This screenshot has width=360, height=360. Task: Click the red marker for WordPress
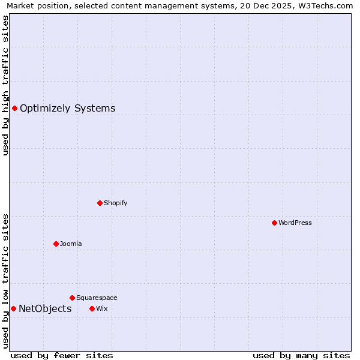click(274, 223)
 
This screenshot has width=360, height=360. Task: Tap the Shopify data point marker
click(100, 203)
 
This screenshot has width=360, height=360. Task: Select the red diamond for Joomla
click(56, 244)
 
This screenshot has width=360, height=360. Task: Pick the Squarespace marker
click(72, 298)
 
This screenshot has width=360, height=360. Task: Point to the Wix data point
click(92, 308)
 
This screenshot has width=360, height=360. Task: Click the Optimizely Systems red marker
click(14, 108)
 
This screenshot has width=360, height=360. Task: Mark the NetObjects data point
click(13, 308)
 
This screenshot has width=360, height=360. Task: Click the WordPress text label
click(295, 223)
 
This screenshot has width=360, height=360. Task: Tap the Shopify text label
click(116, 203)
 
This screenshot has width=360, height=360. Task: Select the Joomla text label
click(71, 244)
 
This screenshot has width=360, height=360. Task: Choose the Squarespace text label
click(97, 298)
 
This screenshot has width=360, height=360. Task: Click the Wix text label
click(101, 308)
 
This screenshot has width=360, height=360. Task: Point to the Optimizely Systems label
click(68, 108)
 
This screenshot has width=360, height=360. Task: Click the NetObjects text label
click(45, 308)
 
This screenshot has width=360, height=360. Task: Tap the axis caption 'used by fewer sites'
click(62, 355)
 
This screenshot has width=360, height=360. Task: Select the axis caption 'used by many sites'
click(301, 355)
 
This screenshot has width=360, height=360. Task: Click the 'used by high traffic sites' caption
click(5, 85)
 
